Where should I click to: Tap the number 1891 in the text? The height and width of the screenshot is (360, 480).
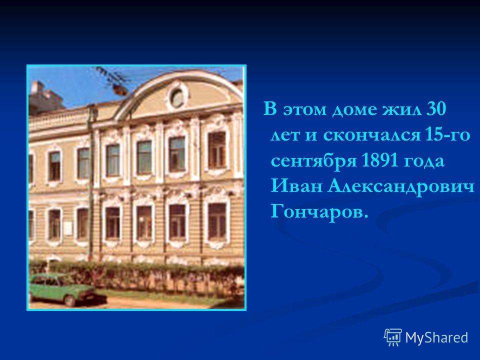pos(379,160)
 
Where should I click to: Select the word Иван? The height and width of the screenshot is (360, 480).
pos(296,186)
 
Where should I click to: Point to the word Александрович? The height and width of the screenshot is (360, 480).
pos(400,186)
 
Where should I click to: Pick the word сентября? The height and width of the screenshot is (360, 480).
pos(313,161)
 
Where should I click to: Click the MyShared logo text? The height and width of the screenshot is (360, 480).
pos(436,337)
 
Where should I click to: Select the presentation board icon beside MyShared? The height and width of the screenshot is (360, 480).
pos(393,337)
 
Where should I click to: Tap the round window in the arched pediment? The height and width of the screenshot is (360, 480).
pos(177,97)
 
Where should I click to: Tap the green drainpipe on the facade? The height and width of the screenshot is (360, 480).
pos(90,183)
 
